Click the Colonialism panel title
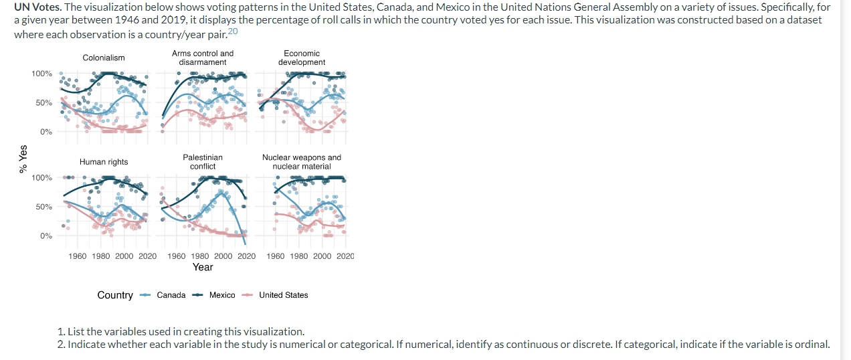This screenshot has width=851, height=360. coord(104,58)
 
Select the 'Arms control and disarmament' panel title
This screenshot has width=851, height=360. coord(203,58)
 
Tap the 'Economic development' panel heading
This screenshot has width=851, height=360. coord(302,58)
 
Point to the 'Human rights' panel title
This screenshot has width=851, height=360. coord(104,162)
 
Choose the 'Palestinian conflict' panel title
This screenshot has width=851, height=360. coord(203,161)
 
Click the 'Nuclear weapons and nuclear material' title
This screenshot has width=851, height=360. coord(302,161)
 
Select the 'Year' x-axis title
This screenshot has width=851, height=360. coord(203,267)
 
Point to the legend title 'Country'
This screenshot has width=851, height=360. coord(115,295)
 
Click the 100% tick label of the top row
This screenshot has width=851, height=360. coord(41,73)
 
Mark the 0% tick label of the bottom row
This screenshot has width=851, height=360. coord(45,236)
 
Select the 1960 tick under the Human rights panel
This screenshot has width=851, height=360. coord(78,256)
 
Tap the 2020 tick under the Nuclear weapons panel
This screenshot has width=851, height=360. coord(346,256)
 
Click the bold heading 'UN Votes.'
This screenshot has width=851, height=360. coord(37,7)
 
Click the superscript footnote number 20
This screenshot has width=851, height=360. coord(232,31)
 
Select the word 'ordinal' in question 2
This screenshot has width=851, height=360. coord(812,345)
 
